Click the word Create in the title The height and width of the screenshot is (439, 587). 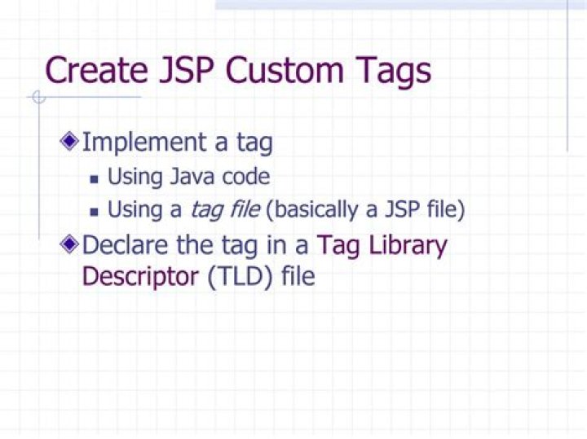[x=96, y=70]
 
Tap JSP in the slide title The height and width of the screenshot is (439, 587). [x=187, y=70]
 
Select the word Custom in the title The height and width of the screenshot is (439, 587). [x=285, y=70]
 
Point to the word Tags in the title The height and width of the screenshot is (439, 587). [x=393, y=71]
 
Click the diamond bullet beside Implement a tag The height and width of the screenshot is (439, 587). [x=69, y=142]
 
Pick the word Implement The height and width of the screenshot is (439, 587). [x=144, y=143]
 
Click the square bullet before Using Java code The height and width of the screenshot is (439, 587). [x=94, y=179]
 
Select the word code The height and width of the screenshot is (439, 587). [x=246, y=177]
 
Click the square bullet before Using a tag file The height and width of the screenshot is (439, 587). [x=94, y=213]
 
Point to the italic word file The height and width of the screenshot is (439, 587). [x=245, y=209]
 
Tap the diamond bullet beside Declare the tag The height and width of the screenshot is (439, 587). [x=69, y=244]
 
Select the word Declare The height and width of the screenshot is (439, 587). [x=125, y=245]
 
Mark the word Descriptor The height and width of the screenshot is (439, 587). [x=140, y=278]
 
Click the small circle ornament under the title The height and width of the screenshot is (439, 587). [x=38, y=97]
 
